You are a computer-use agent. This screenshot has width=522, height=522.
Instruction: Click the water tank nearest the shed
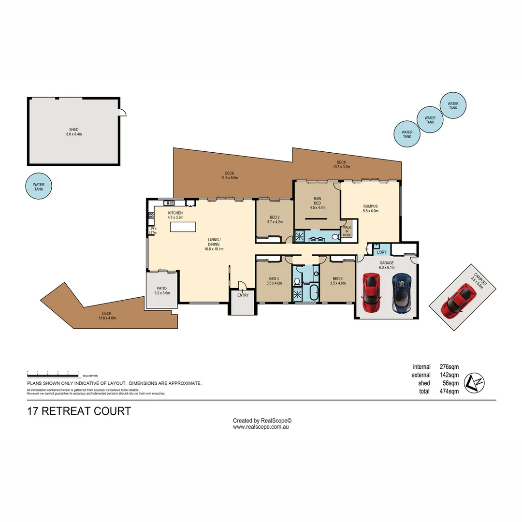coord(39,187)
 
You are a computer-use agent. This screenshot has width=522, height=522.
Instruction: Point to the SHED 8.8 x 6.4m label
coord(73,132)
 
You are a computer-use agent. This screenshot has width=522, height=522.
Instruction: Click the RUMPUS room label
coord(371,208)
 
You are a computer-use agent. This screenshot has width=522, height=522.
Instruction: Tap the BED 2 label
coord(275,219)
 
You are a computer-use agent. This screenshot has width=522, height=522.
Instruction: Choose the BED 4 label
coord(275,281)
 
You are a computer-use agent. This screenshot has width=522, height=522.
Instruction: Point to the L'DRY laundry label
coord(381,252)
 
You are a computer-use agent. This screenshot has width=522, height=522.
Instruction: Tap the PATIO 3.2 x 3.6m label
coord(161,290)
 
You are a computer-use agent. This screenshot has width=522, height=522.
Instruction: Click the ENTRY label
coord(243,295)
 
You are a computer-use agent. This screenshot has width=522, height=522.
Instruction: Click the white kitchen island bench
coord(183,227)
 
